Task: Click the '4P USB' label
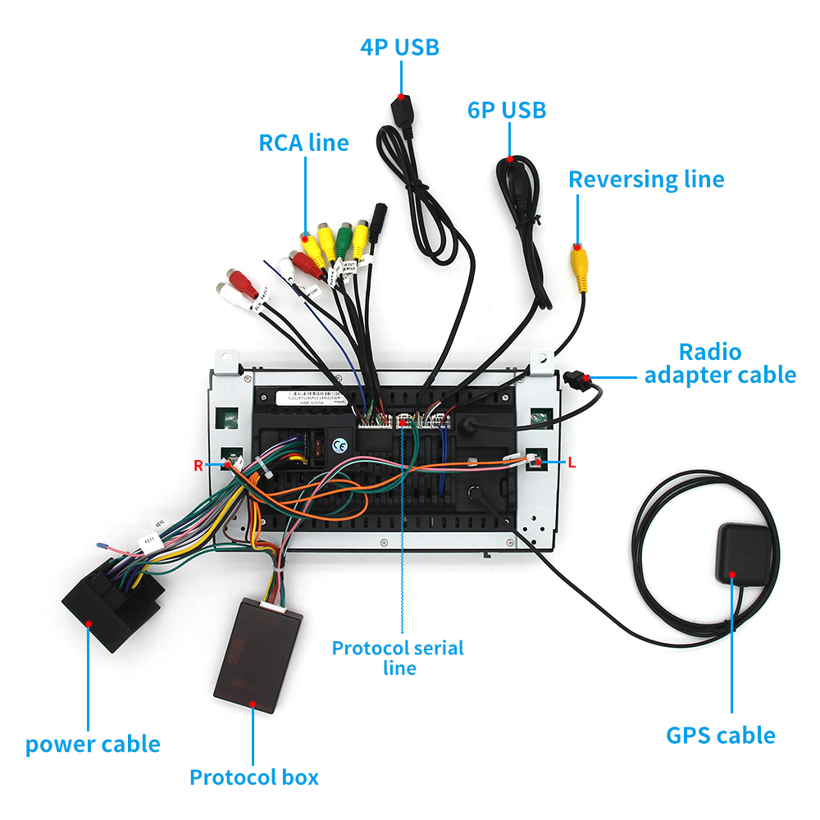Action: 399,47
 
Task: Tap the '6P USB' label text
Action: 507,110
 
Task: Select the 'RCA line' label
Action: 303,143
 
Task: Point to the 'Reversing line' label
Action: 646,180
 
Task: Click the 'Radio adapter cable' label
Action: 719,363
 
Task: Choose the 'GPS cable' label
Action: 720,735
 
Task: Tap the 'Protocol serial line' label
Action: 398,658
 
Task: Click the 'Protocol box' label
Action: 253,777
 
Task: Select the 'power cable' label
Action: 93,745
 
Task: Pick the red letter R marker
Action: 198,466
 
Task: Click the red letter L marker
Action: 572,463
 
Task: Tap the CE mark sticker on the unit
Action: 339,445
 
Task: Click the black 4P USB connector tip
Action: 403,112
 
